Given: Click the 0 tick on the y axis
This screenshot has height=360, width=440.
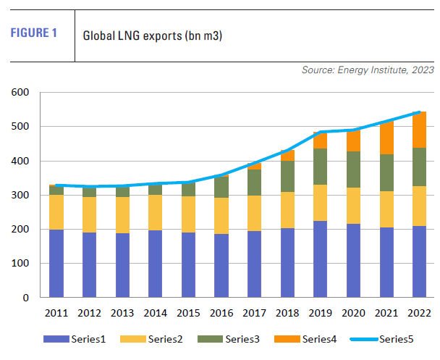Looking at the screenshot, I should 25,298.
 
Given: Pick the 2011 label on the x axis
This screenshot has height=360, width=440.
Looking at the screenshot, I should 56,313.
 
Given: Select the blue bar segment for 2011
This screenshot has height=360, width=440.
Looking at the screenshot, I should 56,264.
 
